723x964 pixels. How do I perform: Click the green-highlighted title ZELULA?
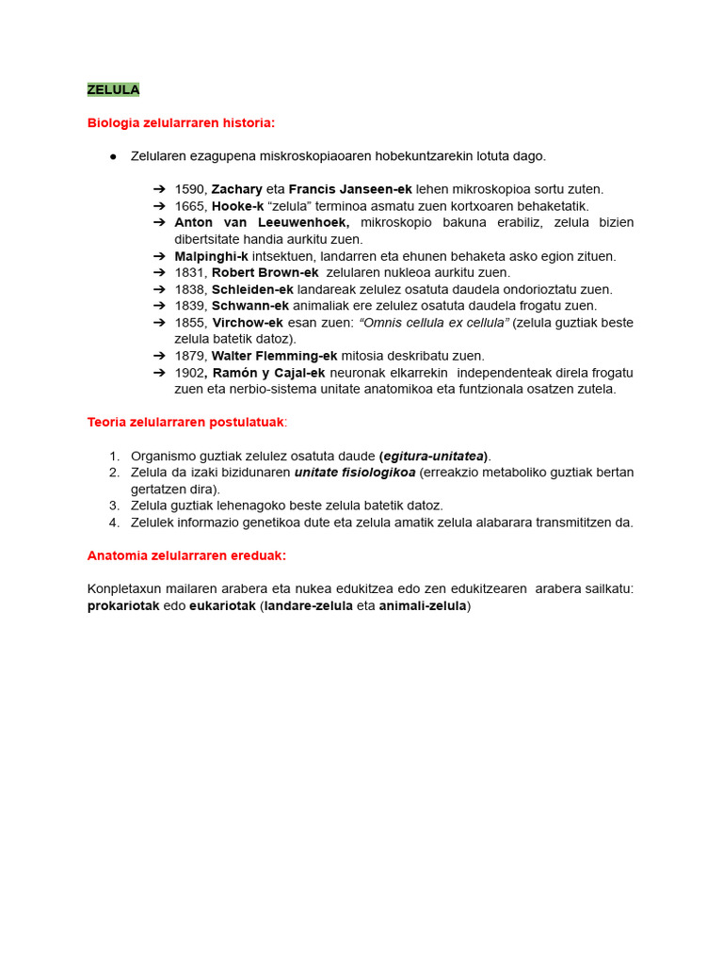pos(113,89)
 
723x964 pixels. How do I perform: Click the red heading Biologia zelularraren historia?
pos(181,122)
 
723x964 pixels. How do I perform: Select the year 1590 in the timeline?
pos(190,189)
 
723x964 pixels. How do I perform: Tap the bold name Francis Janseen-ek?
pos(350,189)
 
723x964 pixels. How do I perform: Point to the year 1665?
pos(190,206)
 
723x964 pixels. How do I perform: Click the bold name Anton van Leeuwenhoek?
pos(262,222)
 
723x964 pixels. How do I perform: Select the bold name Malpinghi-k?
pos(211,256)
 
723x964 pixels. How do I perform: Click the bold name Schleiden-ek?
pos(253,289)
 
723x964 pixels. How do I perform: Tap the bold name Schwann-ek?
pos(249,306)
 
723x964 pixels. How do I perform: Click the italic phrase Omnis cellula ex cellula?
pos(434,323)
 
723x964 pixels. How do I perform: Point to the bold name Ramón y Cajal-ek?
pos(267,373)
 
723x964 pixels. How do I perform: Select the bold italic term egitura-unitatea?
pos(435,456)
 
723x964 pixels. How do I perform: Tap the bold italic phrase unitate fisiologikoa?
pos(355,473)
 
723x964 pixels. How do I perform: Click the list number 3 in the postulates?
pos(114,506)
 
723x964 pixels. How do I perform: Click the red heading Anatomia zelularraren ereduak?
pos(186,555)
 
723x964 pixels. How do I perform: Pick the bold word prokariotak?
pos(123,606)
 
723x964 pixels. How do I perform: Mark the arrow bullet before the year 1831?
pos(159,272)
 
